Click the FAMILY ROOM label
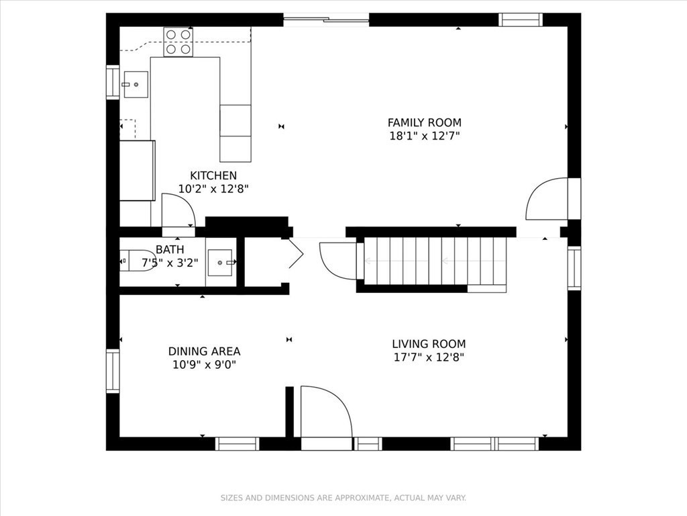coord(424,122)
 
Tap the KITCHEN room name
coord(213,175)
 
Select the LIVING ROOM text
coord(429,344)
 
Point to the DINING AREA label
coord(204,351)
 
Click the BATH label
coord(170,250)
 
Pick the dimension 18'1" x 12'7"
coord(424,136)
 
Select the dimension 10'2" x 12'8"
coord(213,189)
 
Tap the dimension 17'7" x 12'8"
coord(429,357)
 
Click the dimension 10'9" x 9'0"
coord(204,365)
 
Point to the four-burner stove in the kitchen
coord(178,42)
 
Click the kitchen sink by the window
coord(136,84)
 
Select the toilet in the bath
coord(138,261)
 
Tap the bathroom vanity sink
coord(220,263)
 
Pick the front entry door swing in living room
coord(326,412)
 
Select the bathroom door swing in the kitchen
coord(178,210)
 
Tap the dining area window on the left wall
coord(113,371)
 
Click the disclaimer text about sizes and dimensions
coord(343,498)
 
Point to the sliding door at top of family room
coord(326,19)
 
